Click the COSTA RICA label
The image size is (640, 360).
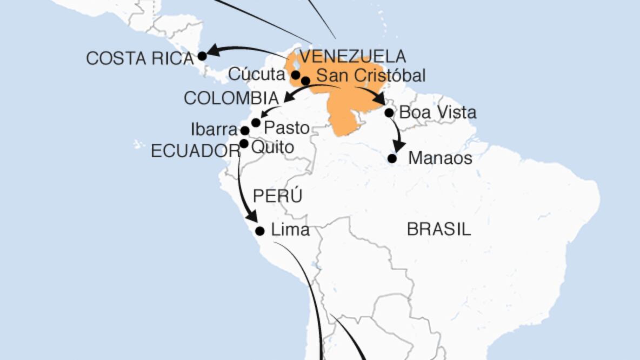coord(139,58)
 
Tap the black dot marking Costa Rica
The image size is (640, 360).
coord(202,56)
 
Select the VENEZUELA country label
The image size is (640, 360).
coord(352,56)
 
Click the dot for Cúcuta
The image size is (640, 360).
coord(296,75)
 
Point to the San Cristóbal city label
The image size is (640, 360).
coord(371,76)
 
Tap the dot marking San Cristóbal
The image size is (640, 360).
coord(305,81)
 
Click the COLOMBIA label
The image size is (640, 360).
coord(231,98)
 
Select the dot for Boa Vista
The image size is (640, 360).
coord(389,112)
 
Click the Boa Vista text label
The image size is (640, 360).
coord(437,112)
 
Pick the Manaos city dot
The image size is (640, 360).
coord(392,159)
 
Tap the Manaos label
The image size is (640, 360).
coord(440,158)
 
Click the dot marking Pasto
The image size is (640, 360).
coord(256,123)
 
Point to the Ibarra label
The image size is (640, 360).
coord(214,130)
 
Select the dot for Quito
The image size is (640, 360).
coord(244,144)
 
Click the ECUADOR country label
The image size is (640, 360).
coord(195,151)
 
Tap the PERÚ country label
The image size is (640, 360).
coord(277,196)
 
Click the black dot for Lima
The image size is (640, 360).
coord(259,231)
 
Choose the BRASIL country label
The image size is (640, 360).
coord(438,229)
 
